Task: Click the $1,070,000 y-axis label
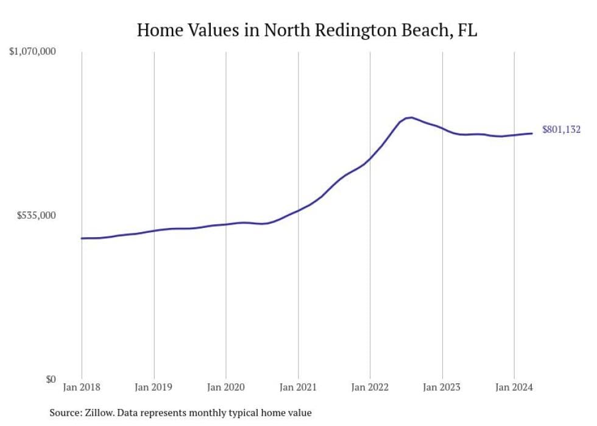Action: click(x=33, y=52)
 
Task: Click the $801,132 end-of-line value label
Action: click(x=561, y=129)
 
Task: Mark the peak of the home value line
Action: click(x=412, y=118)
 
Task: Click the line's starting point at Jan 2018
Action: click(x=82, y=238)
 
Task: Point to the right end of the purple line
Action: click(x=532, y=133)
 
